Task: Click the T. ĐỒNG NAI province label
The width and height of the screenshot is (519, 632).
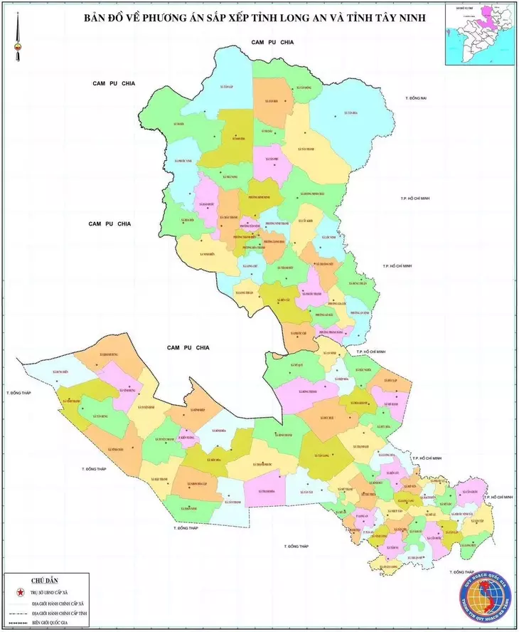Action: click(414, 97)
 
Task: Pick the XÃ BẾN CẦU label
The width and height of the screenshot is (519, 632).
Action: click(287, 300)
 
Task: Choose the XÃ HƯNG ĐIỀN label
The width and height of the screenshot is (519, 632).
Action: click(62, 372)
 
